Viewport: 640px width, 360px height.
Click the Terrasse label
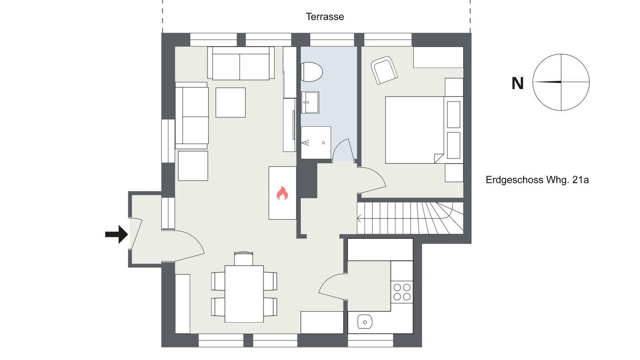coord(325,16)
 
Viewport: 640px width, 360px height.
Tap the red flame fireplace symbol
coord(282,193)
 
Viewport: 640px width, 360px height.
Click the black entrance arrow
coord(116,234)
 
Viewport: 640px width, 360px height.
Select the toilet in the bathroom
coord(312,72)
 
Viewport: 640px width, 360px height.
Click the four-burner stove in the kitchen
coord(402,292)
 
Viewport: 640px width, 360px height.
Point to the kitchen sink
coord(365,322)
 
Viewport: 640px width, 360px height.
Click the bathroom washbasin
coord(310,102)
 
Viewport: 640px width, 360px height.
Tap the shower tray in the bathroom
coord(316,143)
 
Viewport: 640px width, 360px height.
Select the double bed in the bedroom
coord(415,130)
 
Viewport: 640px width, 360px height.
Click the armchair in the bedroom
coord(384,70)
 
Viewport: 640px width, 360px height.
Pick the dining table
coord(244,294)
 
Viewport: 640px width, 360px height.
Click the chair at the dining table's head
coord(244,258)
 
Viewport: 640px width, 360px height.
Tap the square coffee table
coord(231,102)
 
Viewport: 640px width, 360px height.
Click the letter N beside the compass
coord(517,84)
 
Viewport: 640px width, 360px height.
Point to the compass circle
coord(561,54)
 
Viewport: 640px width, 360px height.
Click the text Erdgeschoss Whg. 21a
coord(537,180)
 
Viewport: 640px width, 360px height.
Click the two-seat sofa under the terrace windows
coord(241,63)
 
